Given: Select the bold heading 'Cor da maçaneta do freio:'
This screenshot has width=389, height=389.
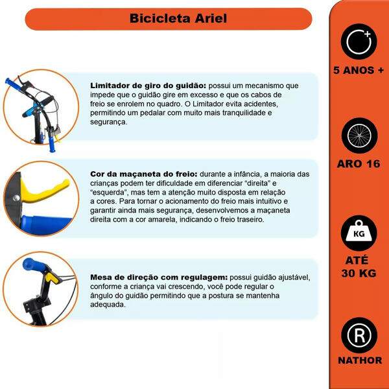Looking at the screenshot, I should (143, 175).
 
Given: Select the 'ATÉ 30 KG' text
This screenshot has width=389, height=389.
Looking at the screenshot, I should (359, 266).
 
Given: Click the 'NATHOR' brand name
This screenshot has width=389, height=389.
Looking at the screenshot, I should (359, 360).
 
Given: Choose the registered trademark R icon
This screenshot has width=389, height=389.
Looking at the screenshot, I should (359, 335).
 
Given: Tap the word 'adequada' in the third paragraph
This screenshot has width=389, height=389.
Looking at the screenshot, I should (108, 304).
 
